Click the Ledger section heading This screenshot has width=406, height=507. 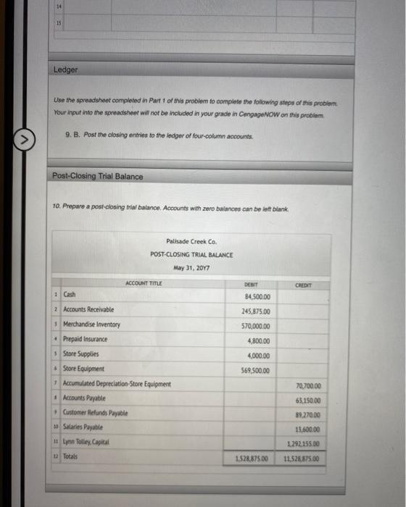tap(65, 70)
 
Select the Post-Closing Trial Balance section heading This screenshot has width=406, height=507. tap(98, 176)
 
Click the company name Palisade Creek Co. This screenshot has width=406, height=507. tap(191, 242)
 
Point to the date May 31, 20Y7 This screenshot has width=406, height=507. tap(191, 267)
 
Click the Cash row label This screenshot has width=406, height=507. tap(70, 296)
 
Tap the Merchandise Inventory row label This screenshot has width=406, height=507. tap(92, 324)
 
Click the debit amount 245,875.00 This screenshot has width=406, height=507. tap(256, 311)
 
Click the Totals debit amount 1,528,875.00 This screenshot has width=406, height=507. tap(252, 459)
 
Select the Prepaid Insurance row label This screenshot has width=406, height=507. tap(85, 339)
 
